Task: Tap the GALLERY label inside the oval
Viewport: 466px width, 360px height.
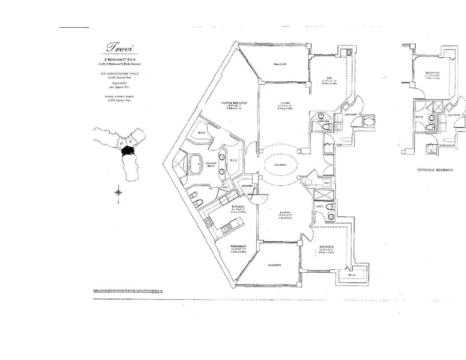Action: (280, 165)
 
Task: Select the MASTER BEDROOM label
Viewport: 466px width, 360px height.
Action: (234, 103)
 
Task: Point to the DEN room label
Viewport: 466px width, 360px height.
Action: (325, 78)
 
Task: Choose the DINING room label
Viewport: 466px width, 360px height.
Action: (285, 212)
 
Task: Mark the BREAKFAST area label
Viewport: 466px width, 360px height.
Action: (238, 247)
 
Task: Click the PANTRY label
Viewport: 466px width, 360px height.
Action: (247, 186)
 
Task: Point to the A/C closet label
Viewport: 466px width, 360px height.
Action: (327, 183)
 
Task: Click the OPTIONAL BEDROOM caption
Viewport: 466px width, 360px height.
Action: (435, 170)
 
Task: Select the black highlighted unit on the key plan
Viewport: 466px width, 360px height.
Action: (128, 151)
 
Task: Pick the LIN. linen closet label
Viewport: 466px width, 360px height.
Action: (225, 187)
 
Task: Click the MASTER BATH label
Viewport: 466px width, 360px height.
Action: (211, 165)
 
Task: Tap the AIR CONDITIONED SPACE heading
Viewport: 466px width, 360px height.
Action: (120, 74)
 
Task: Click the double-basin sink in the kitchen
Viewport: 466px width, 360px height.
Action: (226, 228)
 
